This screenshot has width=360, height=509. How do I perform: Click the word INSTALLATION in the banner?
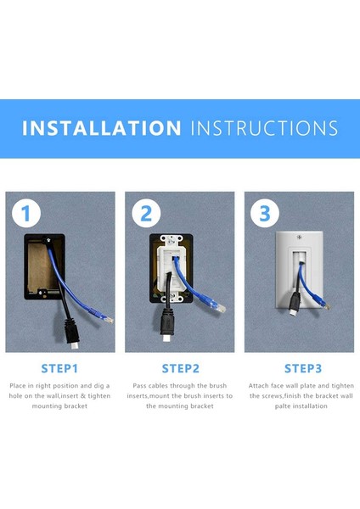[101, 128]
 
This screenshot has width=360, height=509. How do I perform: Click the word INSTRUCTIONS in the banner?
[264, 128]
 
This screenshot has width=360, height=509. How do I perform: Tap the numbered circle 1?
[26, 213]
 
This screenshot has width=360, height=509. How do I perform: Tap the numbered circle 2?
[146, 213]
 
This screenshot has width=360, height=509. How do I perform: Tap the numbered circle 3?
[265, 213]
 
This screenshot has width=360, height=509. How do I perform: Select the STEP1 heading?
[59, 369]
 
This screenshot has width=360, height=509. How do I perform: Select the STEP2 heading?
[180, 369]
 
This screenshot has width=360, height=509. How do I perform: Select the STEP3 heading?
[303, 369]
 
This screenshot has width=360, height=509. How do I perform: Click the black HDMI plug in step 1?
[72, 333]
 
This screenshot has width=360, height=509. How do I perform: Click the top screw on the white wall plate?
[299, 237]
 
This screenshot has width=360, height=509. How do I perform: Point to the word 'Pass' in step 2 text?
[139, 386]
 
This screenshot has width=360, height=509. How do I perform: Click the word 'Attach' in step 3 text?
[258, 386]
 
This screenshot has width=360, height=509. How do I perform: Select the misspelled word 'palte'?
[282, 406]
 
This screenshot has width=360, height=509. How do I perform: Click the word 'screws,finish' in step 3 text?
[281, 396]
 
